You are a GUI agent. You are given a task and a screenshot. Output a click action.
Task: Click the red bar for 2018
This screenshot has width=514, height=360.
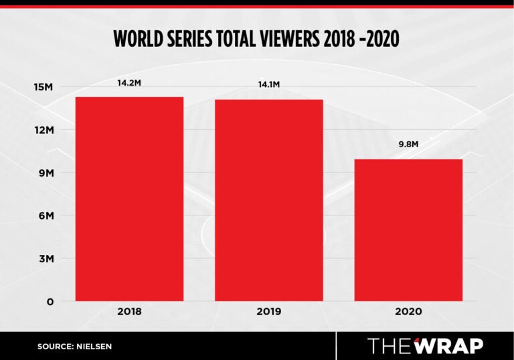click(129, 199)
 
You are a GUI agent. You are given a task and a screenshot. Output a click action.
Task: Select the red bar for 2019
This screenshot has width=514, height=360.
click(269, 200)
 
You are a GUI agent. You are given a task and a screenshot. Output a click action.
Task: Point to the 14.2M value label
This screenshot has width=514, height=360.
click(129, 84)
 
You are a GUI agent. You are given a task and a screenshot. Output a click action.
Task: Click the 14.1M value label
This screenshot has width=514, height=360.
click(268, 85)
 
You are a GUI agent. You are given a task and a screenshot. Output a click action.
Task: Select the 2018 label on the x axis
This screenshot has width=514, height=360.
click(129, 312)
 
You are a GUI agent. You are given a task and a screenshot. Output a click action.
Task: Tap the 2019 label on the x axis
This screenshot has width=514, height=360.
click(269, 312)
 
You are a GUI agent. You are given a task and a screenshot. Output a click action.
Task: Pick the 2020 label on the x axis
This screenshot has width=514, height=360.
click(408, 312)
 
